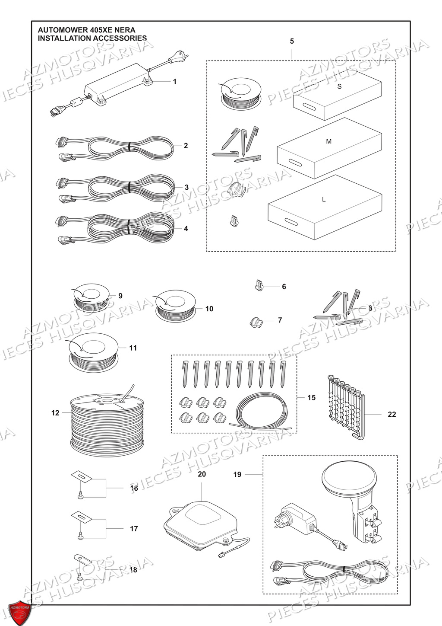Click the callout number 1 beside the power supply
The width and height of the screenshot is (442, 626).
(x=174, y=81)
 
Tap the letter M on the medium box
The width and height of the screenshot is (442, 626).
(x=328, y=141)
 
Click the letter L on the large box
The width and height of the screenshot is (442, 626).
(x=324, y=199)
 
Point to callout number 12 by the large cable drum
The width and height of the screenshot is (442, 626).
(x=55, y=413)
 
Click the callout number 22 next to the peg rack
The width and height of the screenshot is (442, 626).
(x=391, y=414)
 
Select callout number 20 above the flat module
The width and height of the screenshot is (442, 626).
(x=202, y=474)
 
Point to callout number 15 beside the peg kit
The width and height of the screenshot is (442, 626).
(x=311, y=397)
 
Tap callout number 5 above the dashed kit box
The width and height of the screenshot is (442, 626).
(x=292, y=41)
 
